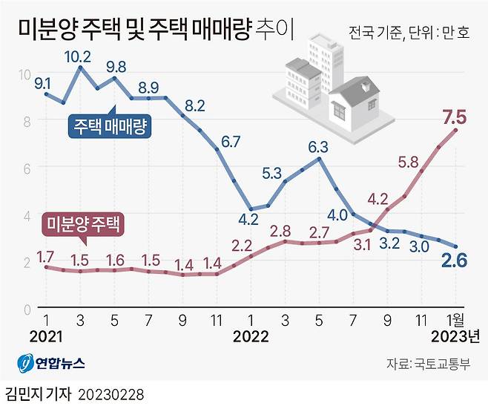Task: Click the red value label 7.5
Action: (454, 117)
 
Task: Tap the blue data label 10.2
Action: (78, 56)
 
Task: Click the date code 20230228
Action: (111, 391)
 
